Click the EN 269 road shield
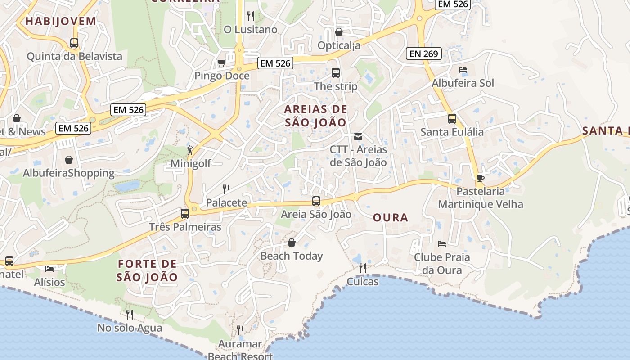pos(423,54)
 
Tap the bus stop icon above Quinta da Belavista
pos(74,43)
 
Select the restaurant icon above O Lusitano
pos(251,16)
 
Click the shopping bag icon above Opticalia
pos(339,32)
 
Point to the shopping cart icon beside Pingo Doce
pos(221,63)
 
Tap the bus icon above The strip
pos(335,73)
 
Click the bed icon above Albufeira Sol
pos(463,70)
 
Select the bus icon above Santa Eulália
pos(452,119)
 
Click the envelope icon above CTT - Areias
pos(358,136)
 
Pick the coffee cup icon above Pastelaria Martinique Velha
pos(481,178)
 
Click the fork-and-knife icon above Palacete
pos(226,189)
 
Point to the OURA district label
pos(391,218)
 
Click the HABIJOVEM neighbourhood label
pos(61,21)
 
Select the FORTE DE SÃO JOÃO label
pos(148,270)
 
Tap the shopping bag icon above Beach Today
pos(292,243)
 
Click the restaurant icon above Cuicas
pos(362,268)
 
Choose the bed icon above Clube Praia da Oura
pos(442,244)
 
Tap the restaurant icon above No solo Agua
pos(130,314)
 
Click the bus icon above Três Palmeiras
pos(185,213)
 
